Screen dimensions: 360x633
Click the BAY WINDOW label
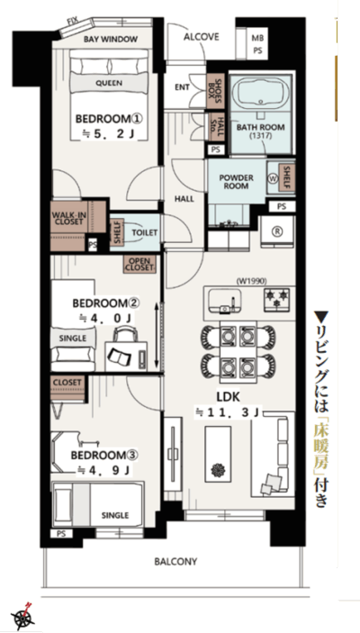coord(110,39)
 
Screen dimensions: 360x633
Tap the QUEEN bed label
coord(109,83)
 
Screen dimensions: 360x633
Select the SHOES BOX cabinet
coord(215,91)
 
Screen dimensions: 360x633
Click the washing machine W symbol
coord(272,177)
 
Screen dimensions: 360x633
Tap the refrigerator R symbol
coord(278,231)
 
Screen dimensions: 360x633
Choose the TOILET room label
coord(145,233)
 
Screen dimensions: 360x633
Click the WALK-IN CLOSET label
coord(69,219)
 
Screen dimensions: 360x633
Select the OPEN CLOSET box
coord(139,264)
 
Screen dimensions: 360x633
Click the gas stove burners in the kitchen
coord(277,300)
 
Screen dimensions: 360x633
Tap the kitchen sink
coord(224,301)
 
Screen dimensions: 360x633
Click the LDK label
coord(229,397)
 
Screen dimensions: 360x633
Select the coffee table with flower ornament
coord(218,454)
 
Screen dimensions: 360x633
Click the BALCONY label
coord(175,562)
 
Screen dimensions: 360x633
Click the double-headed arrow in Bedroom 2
coord(157,334)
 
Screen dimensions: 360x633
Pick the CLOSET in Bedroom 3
coord(67,388)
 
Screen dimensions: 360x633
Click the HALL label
coord(184,199)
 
